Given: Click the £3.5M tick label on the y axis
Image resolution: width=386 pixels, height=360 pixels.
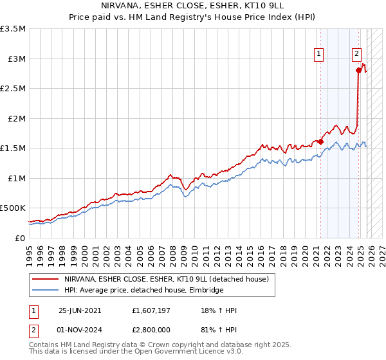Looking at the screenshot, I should click(x=13, y=29).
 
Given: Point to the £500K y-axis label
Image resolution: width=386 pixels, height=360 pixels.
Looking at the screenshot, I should click(x=13, y=208).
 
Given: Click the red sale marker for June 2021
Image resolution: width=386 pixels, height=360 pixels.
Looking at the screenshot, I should click(x=320, y=141).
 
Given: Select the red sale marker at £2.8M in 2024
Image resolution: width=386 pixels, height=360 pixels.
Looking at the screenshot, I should click(x=358, y=71).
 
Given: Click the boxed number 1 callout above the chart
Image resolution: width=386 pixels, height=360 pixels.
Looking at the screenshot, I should click(x=319, y=55).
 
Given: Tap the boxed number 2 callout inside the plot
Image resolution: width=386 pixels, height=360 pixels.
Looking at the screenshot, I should click(x=356, y=55).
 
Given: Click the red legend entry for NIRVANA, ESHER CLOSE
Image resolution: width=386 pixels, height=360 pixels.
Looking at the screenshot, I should click(x=170, y=279).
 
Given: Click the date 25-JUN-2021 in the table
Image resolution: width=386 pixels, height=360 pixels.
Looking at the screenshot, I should click(x=80, y=310).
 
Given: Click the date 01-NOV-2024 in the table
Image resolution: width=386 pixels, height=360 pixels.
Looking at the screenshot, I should click(x=80, y=329).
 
